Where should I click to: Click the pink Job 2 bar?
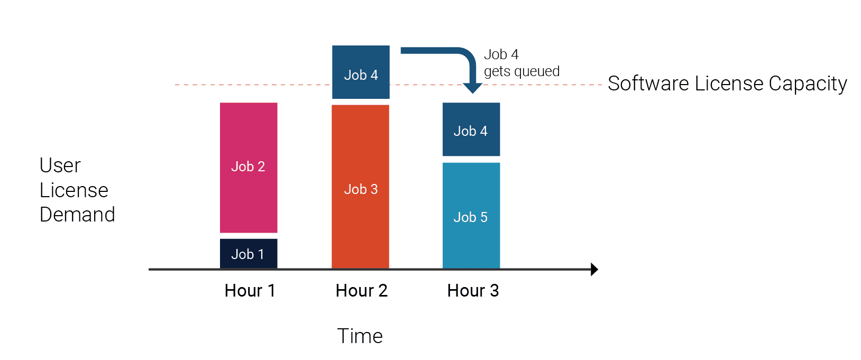click(x=249, y=168)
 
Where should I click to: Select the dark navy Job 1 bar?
click(x=249, y=254)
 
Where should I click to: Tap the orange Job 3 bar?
click(x=361, y=187)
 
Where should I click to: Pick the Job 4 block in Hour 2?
click(x=361, y=72)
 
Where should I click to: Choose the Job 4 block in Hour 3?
click(x=471, y=129)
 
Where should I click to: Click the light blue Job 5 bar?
click(x=471, y=216)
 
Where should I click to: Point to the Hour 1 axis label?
click(x=250, y=290)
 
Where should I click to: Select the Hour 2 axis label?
click(x=361, y=290)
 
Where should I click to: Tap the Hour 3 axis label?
click(x=473, y=290)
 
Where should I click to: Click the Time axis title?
click(x=360, y=336)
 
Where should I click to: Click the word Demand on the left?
click(x=77, y=215)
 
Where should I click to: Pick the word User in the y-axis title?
click(x=60, y=165)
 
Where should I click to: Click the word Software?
click(x=648, y=84)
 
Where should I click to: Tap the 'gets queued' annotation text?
click(x=521, y=72)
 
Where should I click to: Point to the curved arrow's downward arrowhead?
click(x=472, y=88)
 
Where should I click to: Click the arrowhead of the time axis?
click(x=594, y=269)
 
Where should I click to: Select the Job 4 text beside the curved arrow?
click(x=501, y=54)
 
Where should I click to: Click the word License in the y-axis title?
click(x=74, y=190)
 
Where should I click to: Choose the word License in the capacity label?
click(x=729, y=84)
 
